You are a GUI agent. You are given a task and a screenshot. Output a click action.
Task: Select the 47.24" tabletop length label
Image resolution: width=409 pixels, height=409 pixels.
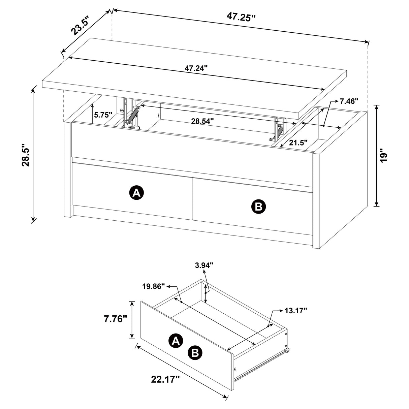tap(196, 68)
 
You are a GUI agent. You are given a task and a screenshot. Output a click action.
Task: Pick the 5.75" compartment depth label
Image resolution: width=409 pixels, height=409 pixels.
tap(103, 115)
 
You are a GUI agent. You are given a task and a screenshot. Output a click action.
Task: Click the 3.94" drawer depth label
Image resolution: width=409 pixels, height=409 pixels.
tap(204, 266)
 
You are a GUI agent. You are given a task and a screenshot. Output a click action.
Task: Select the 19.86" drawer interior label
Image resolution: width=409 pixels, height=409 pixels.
tap(153, 286)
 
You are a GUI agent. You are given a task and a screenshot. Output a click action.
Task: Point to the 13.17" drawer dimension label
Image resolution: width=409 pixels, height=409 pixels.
tap(295, 310)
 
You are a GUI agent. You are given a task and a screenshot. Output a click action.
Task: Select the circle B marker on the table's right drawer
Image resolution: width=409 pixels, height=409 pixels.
tap(258, 207)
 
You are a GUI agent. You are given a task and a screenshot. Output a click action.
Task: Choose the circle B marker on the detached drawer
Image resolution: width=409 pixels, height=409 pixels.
tap(195, 353)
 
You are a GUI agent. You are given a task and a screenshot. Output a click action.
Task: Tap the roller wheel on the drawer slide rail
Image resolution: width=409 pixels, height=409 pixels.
tap(288, 351)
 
